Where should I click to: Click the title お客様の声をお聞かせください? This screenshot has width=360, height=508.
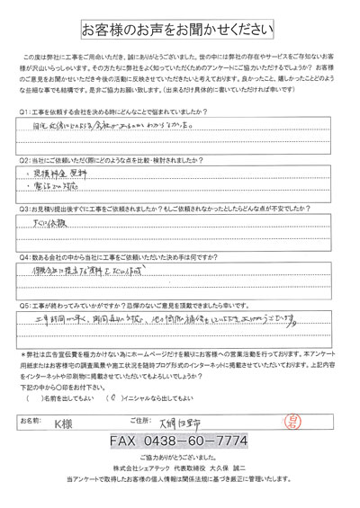pyautogui.click(x=180, y=29)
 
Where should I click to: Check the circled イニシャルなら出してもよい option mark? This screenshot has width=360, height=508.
pyautogui.click(x=110, y=397)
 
